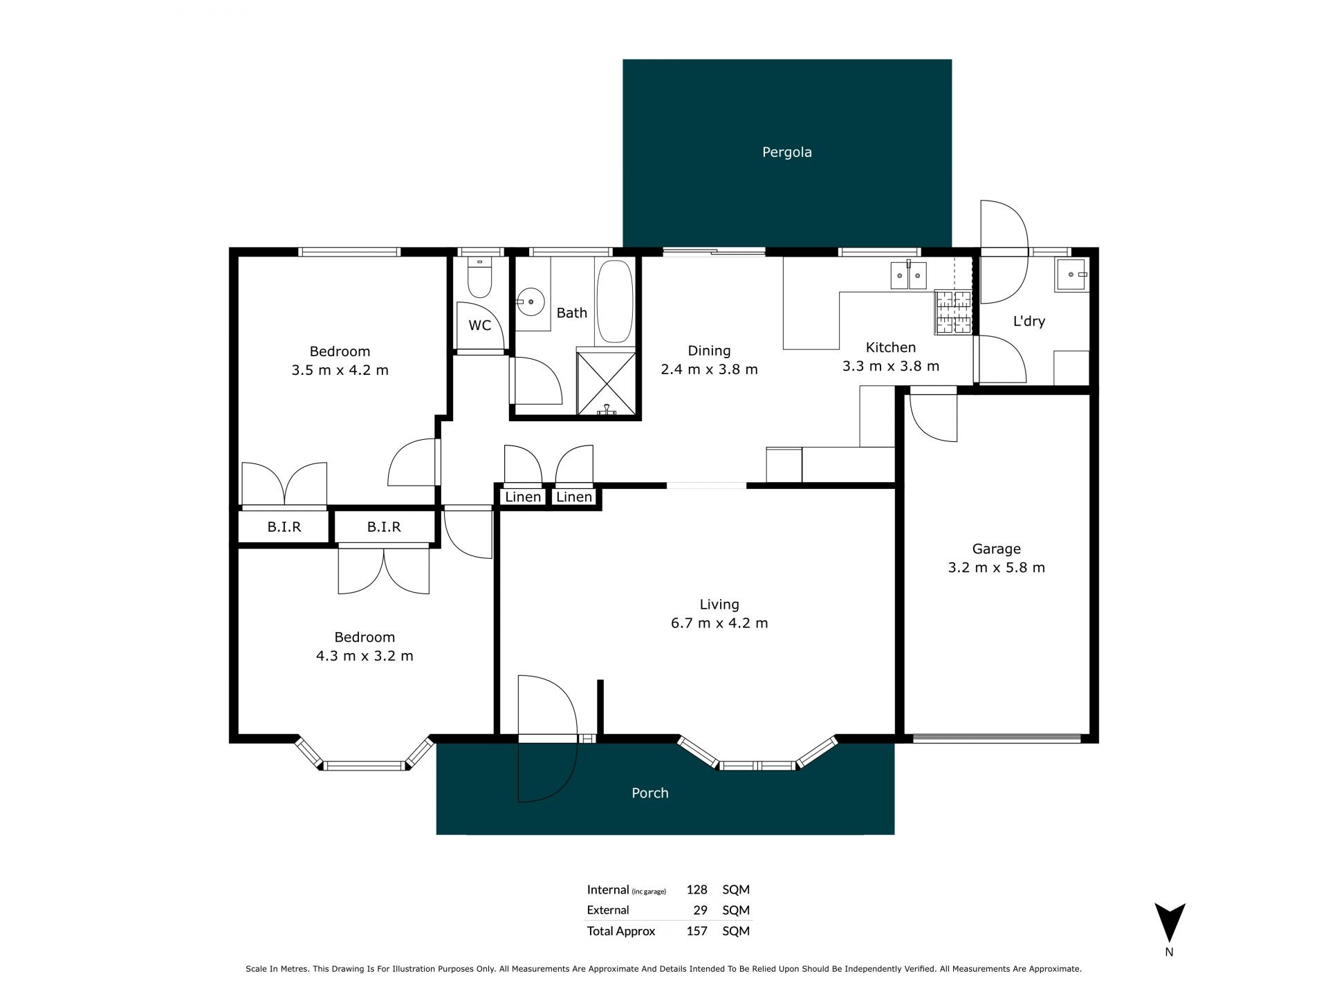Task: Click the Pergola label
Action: click(786, 152)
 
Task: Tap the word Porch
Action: click(650, 793)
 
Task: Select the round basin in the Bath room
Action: click(531, 302)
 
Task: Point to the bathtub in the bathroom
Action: click(614, 302)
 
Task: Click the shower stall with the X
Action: click(606, 382)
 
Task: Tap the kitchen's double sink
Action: click(908, 275)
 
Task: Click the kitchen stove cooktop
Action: click(953, 312)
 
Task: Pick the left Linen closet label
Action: click(523, 497)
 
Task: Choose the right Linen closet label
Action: click(574, 497)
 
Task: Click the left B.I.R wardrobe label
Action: click(284, 527)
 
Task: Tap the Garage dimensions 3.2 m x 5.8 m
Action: click(996, 568)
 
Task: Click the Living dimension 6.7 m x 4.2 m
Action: click(719, 623)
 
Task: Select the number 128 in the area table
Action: click(697, 889)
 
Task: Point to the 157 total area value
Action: click(697, 931)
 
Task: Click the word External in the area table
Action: click(608, 910)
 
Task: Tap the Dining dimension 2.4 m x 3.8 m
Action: click(709, 369)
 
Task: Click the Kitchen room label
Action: click(891, 347)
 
